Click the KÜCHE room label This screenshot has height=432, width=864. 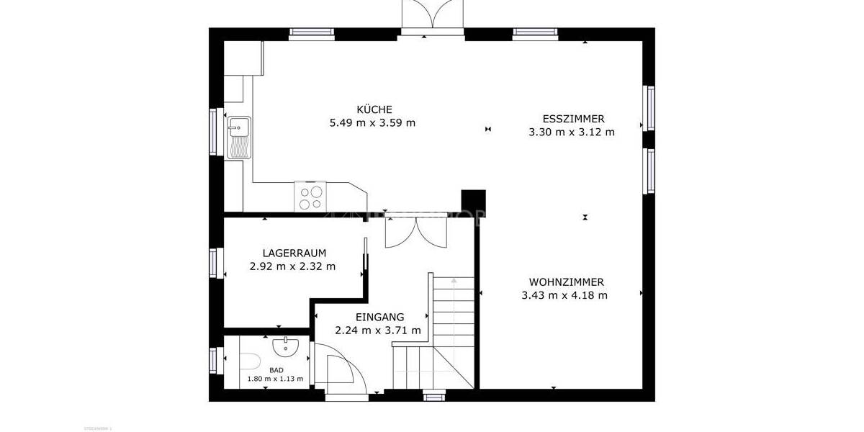374,109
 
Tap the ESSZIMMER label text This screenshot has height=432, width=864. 573,119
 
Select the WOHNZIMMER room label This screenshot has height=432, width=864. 566,282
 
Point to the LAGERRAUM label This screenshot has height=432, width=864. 294,253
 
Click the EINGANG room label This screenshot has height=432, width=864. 379,317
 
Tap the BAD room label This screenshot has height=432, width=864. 276,370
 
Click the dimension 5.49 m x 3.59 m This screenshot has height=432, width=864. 372,123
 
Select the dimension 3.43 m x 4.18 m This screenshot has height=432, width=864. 564,295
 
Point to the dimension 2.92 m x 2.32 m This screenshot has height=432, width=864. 292,266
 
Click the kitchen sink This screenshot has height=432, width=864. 238,137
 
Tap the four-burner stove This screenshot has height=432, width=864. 311,197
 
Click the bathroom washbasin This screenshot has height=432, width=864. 286,347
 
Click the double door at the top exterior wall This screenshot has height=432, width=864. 430,16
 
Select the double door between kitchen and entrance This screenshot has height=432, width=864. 416,232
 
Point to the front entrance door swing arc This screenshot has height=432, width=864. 344,367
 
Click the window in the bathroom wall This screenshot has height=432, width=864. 213,361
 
